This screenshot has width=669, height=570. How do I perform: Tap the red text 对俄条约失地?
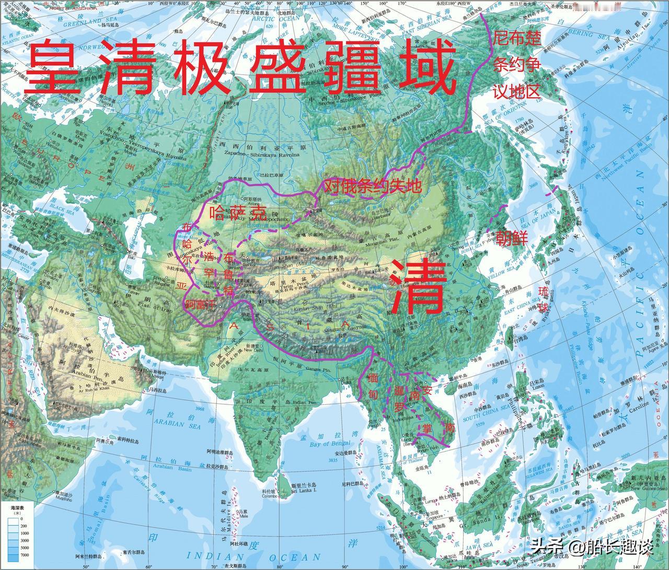pyautogui.click(x=372, y=187)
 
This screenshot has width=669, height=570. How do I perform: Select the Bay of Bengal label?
pyautogui.click(x=331, y=444)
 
